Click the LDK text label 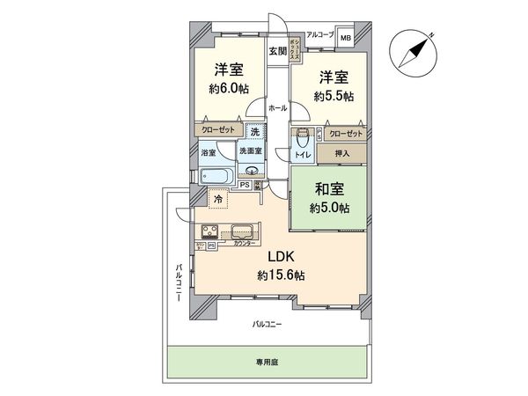[x=281, y=257]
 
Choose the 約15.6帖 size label [x=281, y=275]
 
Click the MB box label [x=346, y=38]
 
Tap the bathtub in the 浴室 [x=216, y=175]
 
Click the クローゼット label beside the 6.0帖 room [x=220, y=128]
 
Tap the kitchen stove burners [x=212, y=233]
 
